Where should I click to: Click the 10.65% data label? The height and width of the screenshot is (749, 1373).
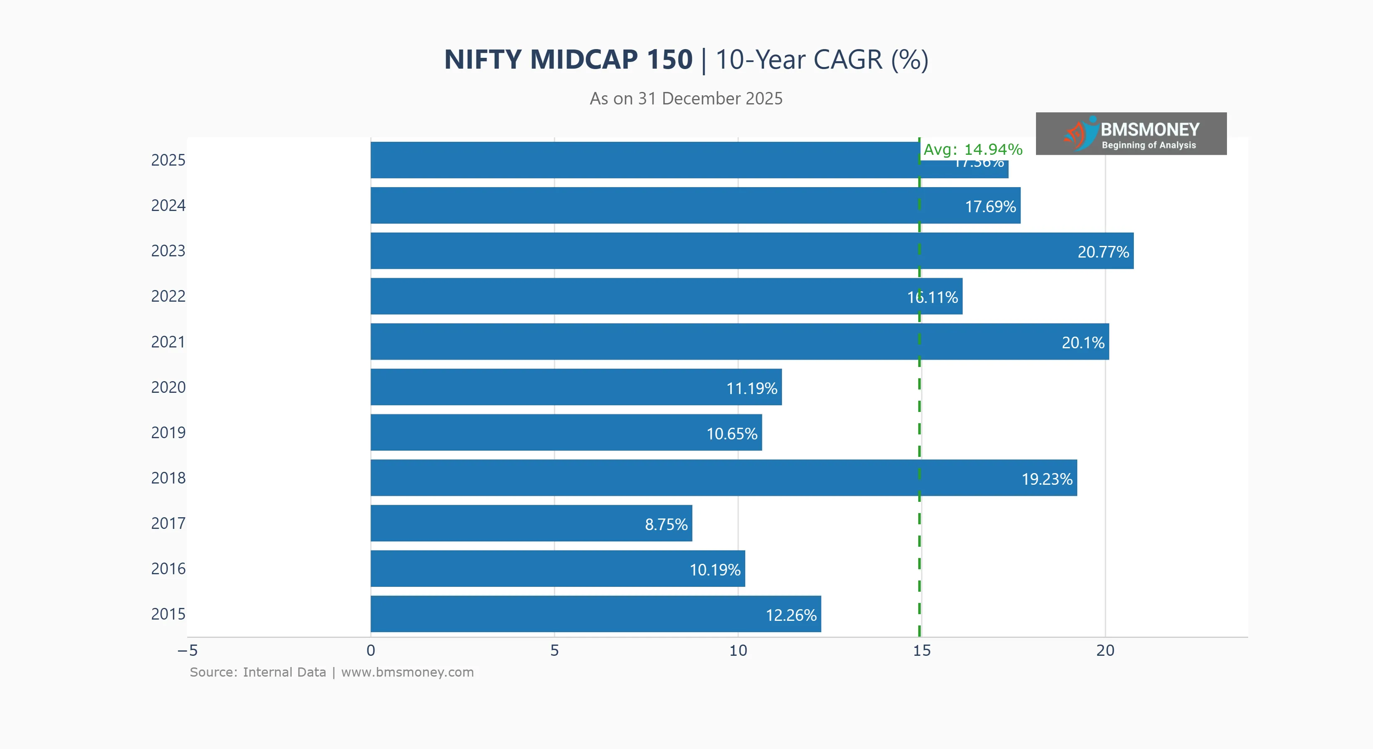point(732,434)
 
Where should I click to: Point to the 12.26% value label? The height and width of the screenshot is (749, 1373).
point(791,615)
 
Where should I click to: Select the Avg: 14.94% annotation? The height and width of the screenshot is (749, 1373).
point(973,149)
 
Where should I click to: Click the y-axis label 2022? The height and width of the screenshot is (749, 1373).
point(168,296)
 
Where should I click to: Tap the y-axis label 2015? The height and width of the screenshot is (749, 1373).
point(168,614)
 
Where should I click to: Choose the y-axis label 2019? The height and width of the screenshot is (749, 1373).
point(168,432)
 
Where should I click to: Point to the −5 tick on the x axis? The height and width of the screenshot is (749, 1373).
point(188,650)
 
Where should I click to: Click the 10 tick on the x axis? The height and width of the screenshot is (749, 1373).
point(738,650)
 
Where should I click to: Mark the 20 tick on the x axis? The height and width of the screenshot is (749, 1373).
point(1105,650)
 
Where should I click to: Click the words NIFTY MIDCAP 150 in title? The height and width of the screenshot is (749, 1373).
point(568,59)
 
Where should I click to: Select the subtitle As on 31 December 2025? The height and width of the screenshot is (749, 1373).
point(686,99)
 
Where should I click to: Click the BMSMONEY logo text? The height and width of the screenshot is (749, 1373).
point(1150,129)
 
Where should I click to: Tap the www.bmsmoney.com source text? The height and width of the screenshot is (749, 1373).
point(407,672)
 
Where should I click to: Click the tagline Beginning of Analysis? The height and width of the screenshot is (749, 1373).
point(1149,145)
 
